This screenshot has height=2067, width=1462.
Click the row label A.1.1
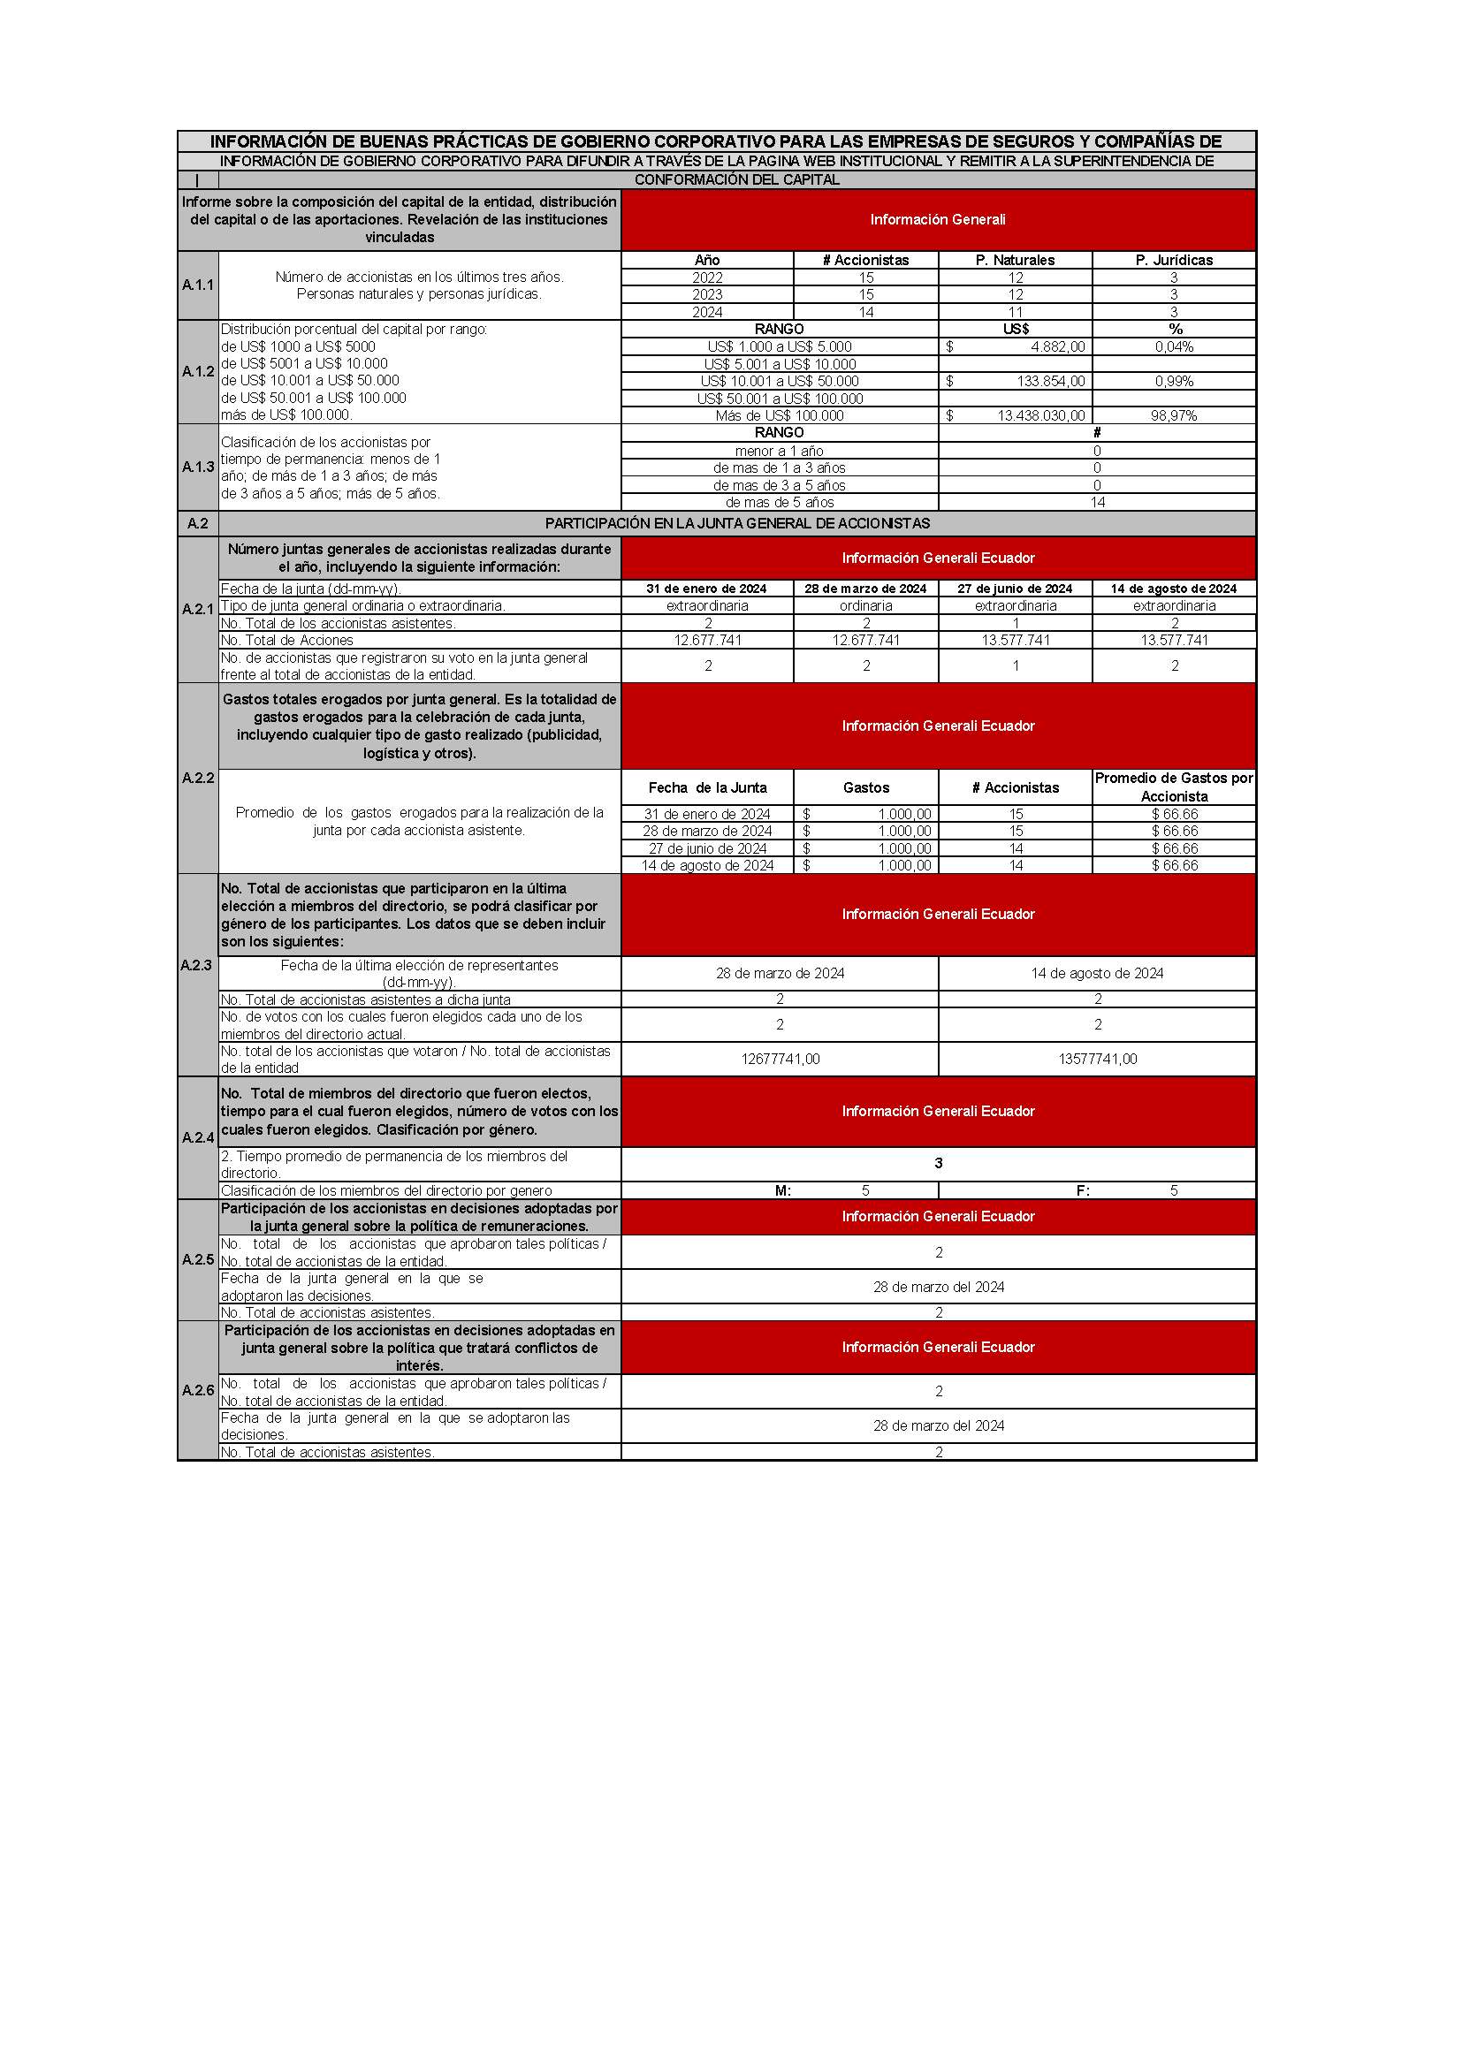click(198, 285)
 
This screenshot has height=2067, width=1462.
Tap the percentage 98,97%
click(1174, 416)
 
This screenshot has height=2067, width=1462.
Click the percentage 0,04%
click(1174, 346)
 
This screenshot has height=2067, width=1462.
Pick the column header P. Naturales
click(1015, 260)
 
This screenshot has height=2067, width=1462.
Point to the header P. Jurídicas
click(1174, 260)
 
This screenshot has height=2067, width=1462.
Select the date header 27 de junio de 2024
click(1015, 589)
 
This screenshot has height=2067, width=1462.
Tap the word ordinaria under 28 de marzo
click(866, 606)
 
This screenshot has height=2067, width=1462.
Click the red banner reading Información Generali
click(937, 220)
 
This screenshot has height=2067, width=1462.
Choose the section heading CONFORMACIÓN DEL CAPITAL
click(736, 180)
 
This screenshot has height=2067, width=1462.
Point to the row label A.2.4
click(198, 1138)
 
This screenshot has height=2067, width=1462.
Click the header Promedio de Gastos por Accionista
click(1174, 787)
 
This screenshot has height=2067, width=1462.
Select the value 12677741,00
click(780, 1059)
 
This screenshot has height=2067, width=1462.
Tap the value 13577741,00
click(1098, 1059)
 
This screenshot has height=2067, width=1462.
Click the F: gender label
click(1083, 1190)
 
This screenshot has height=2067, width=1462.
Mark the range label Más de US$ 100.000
click(780, 416)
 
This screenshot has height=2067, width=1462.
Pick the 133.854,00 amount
click(1051, 382)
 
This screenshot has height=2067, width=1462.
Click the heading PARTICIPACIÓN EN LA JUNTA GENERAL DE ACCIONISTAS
click(736, 524)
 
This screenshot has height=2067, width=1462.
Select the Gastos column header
click(866, 787)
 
